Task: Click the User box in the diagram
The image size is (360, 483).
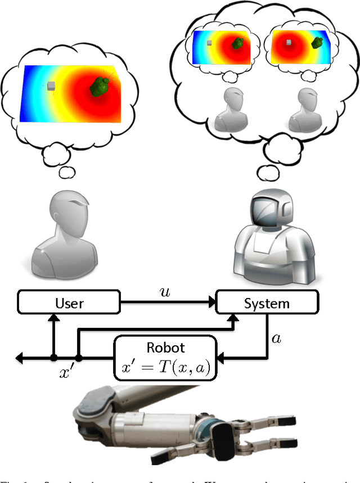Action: (69, 304)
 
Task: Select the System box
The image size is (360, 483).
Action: (266, 304)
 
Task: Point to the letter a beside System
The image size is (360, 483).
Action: (276, 338)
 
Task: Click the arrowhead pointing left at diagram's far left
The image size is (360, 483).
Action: (21, 357)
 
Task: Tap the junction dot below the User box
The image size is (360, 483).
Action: (53, 357)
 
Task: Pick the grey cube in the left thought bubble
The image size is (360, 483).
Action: (51, 86)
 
